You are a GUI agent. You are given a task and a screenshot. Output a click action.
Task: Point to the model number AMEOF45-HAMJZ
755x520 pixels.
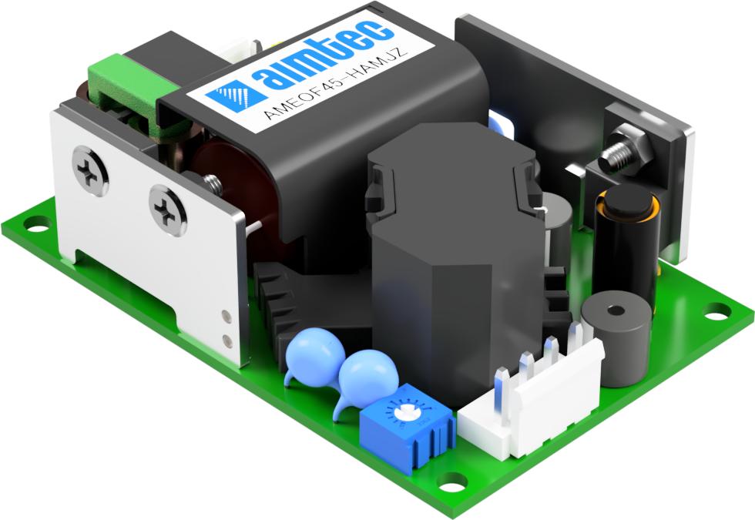(x=338, y=84)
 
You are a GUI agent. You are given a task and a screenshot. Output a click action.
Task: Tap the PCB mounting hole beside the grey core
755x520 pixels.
(x=716, y=310)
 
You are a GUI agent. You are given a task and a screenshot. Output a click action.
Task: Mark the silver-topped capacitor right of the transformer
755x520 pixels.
(x=557, y=223)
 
